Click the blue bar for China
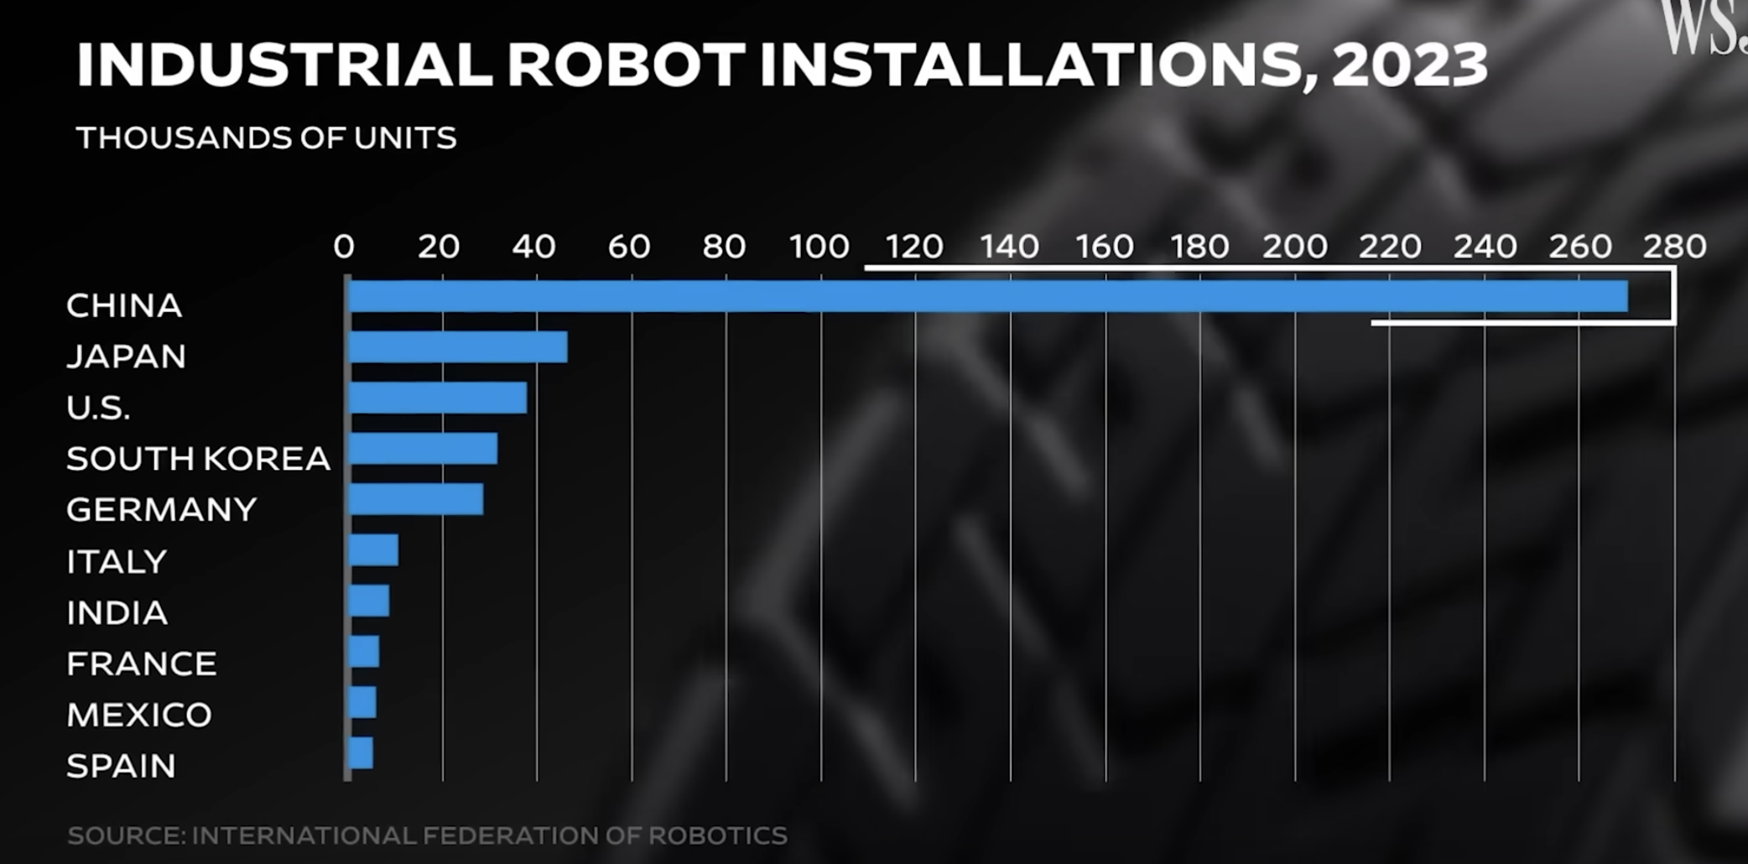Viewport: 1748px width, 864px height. [x=988, y=296]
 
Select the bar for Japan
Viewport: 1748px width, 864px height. [x=458, y=347]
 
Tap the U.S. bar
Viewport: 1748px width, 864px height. [x=438, y=398]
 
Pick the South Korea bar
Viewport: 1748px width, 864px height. [x=423, y=449]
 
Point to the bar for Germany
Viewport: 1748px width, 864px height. [x=416, y=499]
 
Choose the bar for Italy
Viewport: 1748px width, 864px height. [x=373, y=550]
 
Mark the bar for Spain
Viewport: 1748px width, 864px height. [x=361, y=753]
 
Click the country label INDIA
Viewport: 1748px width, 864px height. [x=117, y=613]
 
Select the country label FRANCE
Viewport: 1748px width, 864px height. [x=141, y=664]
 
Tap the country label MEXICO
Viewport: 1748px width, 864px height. [x=139, y=716]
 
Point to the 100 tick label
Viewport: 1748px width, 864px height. [x=819, y=247]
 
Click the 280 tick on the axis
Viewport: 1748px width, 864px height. [x=1674, y=247]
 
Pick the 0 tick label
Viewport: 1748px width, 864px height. [x=344, y=247]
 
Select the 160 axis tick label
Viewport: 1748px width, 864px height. [x=1105, y=247]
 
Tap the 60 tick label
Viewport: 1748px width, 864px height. [x=629, y=247]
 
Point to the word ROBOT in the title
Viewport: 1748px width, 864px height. [x=626, y=65]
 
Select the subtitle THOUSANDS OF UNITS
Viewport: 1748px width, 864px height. [x=266, y=138]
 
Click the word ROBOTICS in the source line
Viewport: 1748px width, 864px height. [x=717, y=835]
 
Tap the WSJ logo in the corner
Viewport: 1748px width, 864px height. [x=1703, y=28]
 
